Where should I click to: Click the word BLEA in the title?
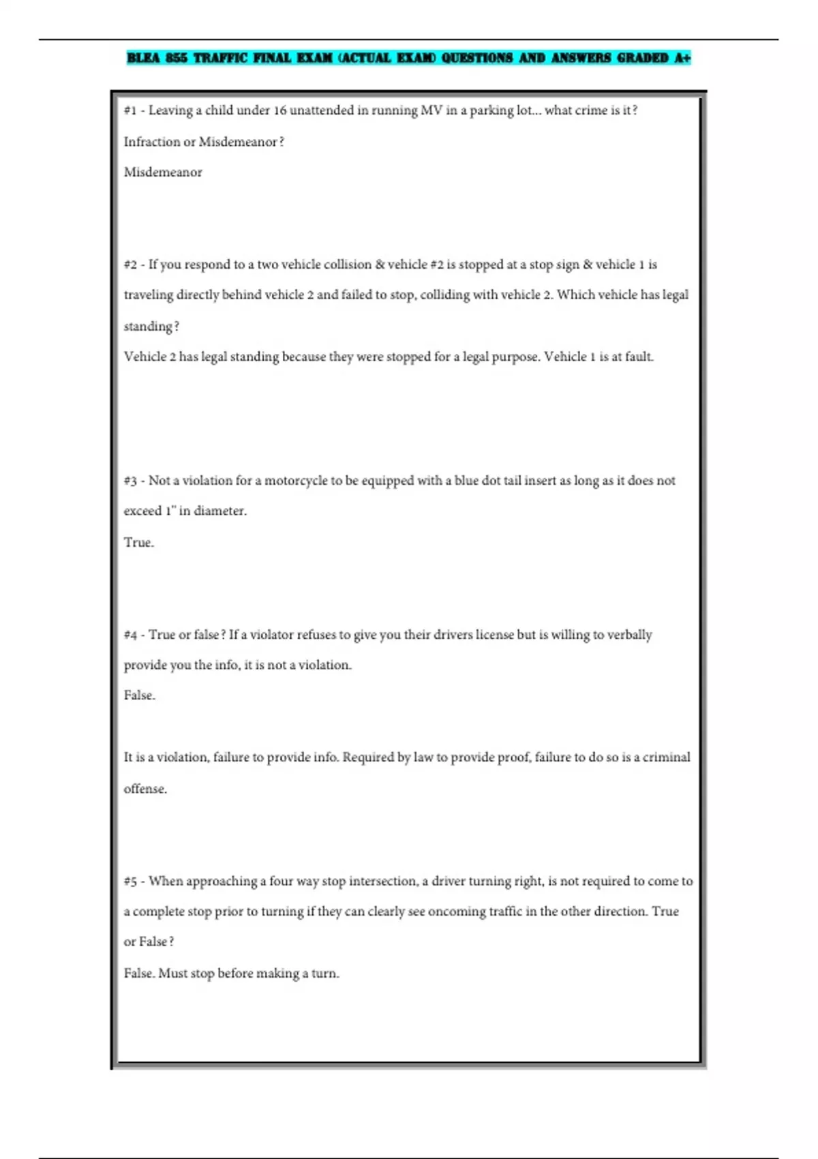click(143, 58)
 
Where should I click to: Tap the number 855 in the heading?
click(176, 58)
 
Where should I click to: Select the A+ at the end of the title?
click(682, 58)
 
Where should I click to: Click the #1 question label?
click(130, 110)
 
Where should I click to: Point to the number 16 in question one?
click(280, 110)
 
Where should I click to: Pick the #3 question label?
click(130, 481)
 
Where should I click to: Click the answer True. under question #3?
click(138, 543)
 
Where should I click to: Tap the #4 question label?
click(130, 635)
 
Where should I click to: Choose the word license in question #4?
click(494, 635)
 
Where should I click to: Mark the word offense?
click(145, 789)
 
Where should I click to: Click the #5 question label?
click(130, 882)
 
